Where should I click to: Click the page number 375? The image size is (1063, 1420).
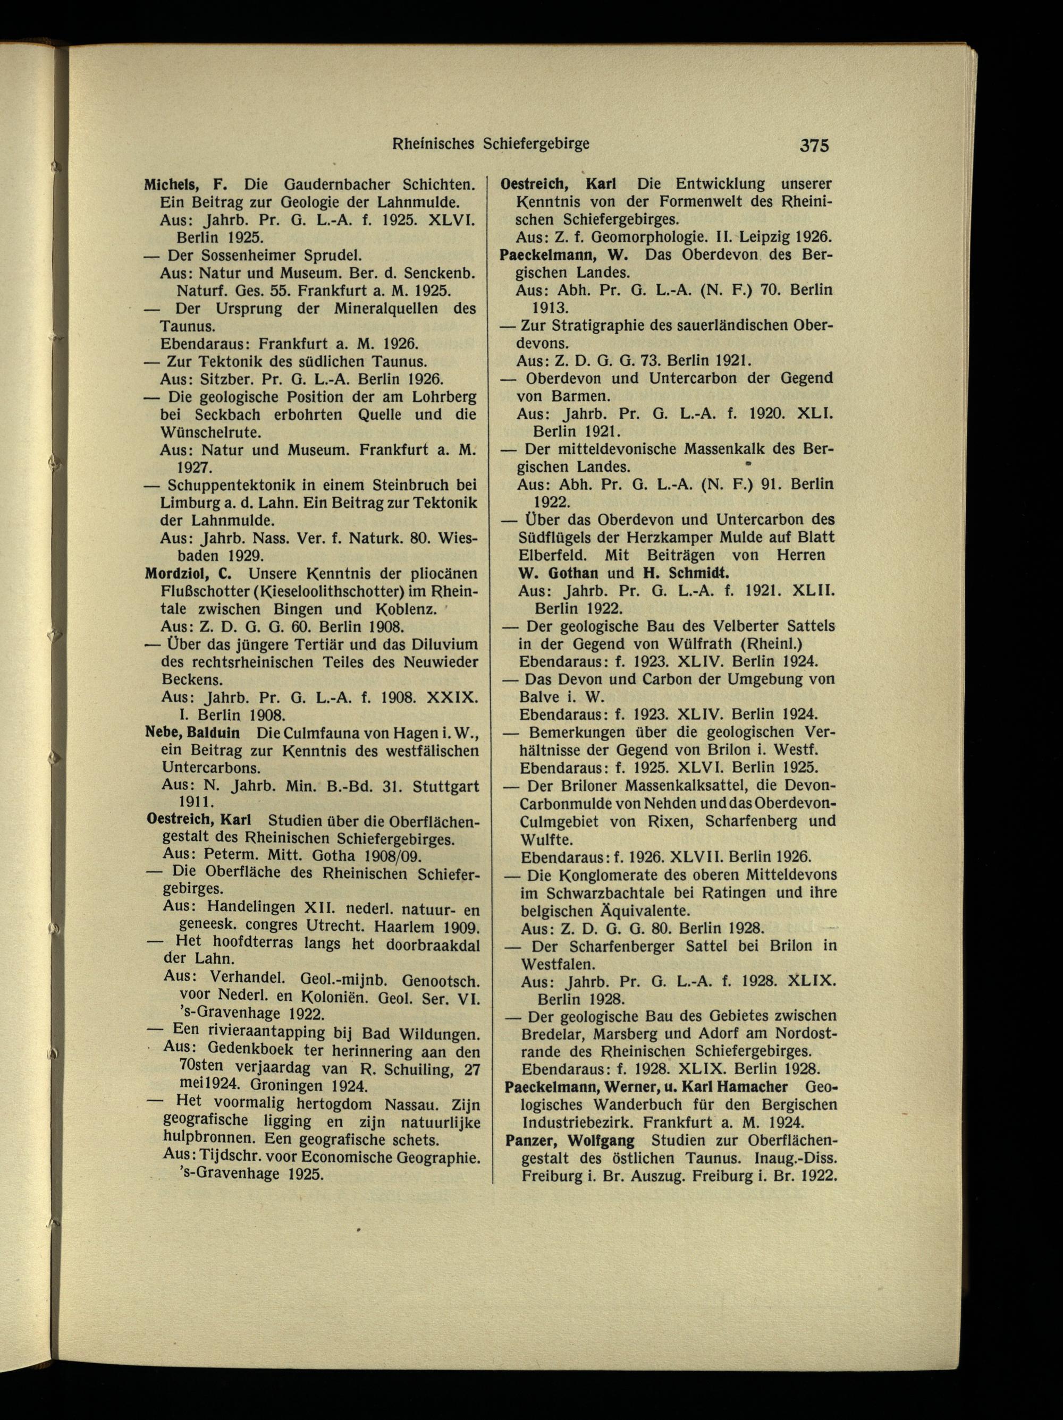[814, 146]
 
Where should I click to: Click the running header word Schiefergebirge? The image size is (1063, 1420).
[536, 145]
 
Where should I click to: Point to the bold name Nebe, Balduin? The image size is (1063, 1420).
[193, 733]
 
